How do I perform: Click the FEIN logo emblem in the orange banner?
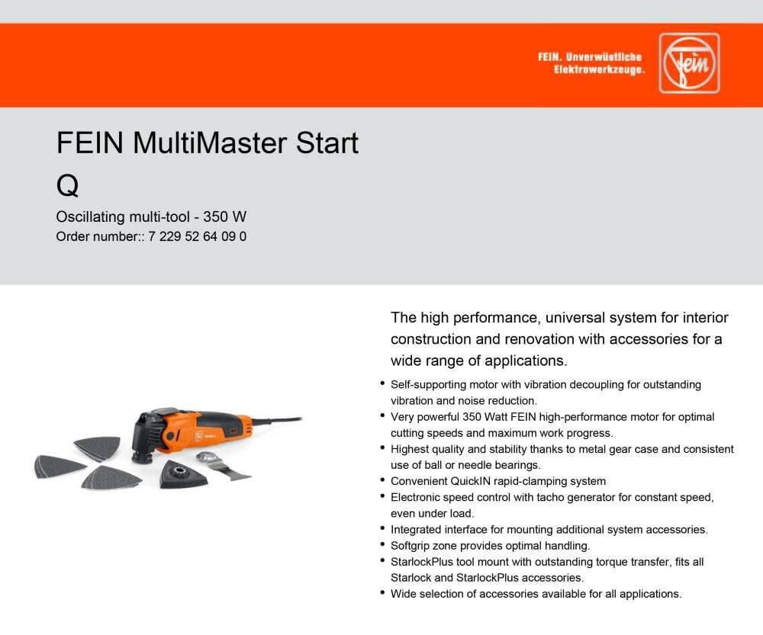[x=690, y=63]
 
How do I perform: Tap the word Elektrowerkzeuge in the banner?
[x=600, y=69]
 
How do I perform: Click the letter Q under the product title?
[x=67, y=184]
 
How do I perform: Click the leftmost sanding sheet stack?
[x=60, y=466]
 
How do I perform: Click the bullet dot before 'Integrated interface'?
[x=382, y=528]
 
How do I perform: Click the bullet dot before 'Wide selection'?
[x=382, y=592]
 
